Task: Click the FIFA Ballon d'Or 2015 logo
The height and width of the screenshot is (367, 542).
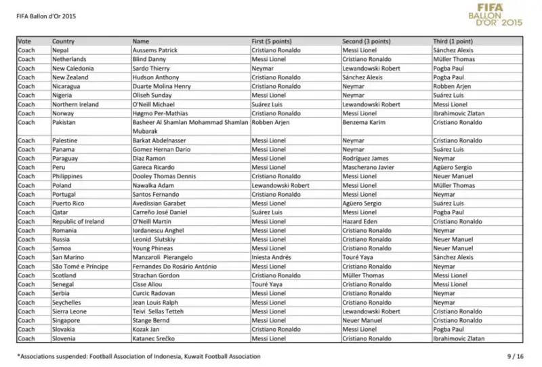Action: (494, 15)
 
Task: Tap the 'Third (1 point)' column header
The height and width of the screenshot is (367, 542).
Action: (453, 41)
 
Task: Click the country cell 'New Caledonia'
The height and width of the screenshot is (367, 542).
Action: (73, 69)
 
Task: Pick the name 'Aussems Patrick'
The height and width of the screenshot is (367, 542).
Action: (154, 50)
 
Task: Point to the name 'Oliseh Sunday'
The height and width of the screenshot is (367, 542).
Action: (152, 96)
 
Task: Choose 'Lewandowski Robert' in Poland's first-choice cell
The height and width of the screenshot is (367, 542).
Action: (280, 185)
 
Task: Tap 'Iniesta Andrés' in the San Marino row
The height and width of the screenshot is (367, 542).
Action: (272, 257)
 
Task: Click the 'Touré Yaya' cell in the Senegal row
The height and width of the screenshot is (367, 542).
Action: (266, 284)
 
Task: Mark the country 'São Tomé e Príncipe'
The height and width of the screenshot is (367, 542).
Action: (80, 266)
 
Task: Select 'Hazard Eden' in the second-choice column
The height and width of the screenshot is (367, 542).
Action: (360, 221)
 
